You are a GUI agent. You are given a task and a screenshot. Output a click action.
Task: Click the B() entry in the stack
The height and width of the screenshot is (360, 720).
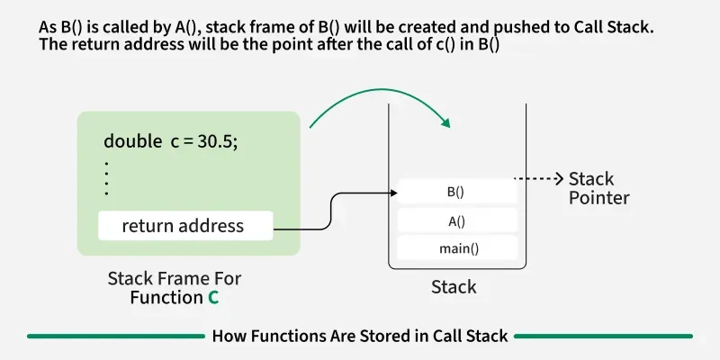coord(455,192)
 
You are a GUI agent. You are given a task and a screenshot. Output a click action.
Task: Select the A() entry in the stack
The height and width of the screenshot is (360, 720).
coord(455,220)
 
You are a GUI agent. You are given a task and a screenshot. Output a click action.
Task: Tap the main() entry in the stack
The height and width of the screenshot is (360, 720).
coord(455,248)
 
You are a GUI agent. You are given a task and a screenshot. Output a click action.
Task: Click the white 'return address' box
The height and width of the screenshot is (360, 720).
coord(184,226)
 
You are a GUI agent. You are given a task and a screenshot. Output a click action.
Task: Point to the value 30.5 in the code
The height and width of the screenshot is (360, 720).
coord(219,141)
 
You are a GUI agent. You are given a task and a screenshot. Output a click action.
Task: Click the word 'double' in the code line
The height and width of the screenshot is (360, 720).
coord(132,141)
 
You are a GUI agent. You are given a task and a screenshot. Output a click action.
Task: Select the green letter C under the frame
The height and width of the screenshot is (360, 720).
coord(213,297)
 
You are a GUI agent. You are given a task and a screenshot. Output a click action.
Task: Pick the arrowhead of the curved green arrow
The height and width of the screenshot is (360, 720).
coord(445,124)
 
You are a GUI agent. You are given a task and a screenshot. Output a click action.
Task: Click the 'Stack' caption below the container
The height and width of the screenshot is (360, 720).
coord(454,288)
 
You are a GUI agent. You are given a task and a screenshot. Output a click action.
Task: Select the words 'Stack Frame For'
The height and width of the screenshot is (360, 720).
coord(175,278)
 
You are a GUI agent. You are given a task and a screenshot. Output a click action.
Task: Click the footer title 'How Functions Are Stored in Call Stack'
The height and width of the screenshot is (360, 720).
coord(360,336)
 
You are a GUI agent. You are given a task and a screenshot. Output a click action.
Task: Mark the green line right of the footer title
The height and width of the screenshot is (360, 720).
coord(603,336)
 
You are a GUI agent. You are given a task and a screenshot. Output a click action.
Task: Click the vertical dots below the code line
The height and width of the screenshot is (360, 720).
coord(106,178)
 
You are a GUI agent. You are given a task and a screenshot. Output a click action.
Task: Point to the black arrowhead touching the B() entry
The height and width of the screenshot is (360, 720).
coord(392,192)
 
